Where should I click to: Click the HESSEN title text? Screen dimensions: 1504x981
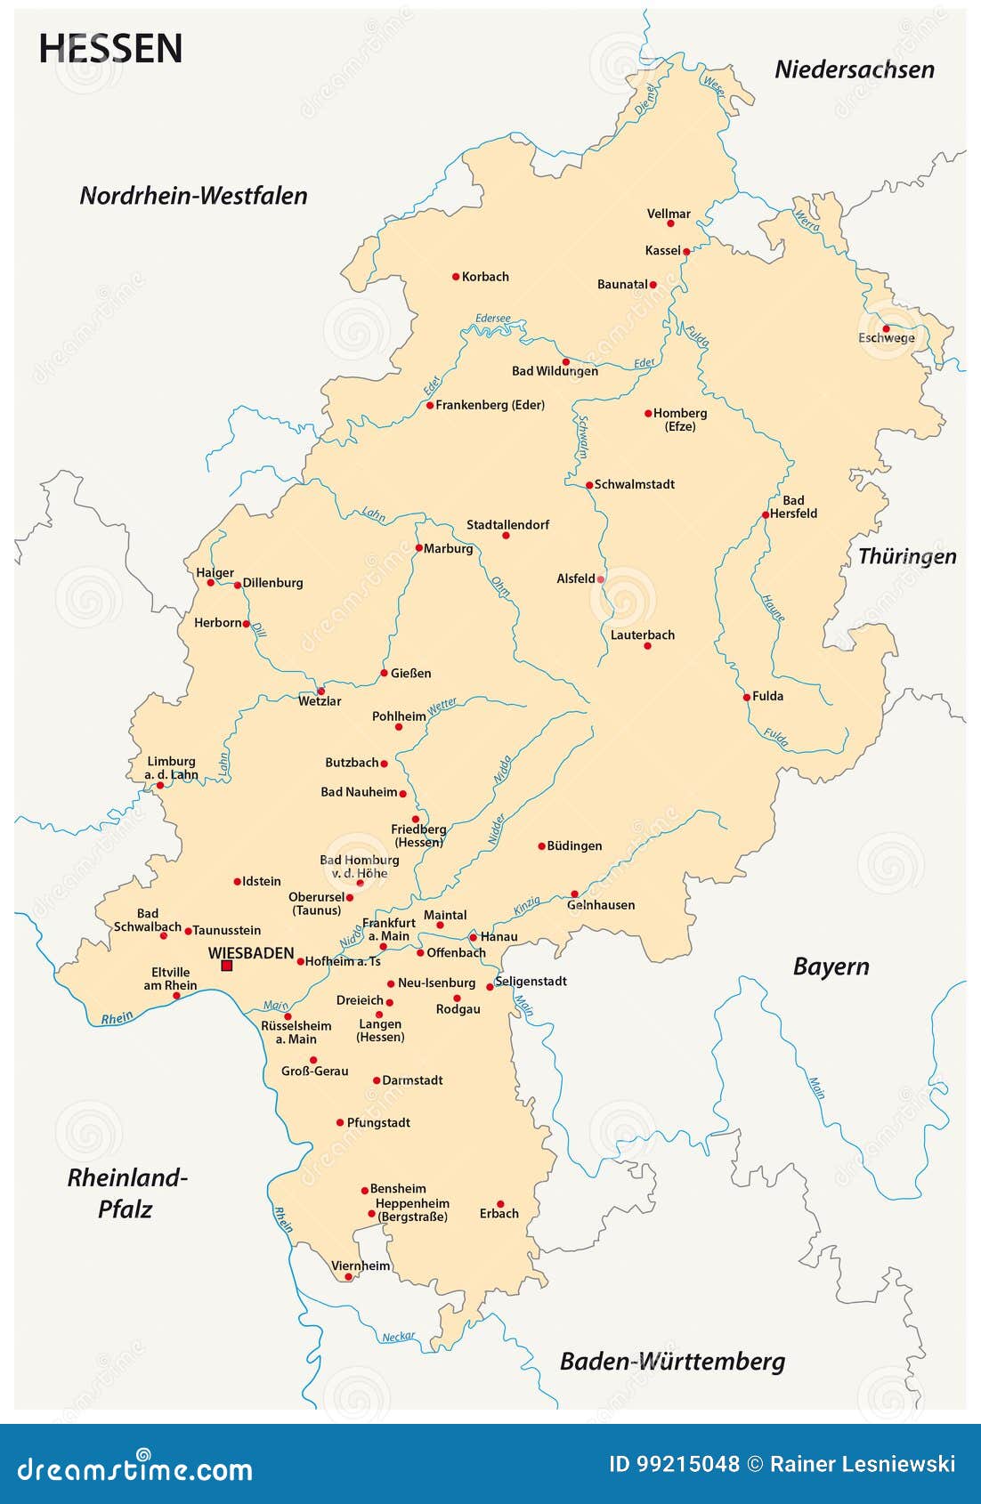(x=110, y=48)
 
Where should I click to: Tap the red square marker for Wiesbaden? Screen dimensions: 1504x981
(x=226, y=966)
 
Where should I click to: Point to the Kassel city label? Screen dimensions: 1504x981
(x=662, y=251)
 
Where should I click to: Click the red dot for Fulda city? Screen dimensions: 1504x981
(x=747, y=697)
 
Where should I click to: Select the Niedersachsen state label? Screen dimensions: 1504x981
(x=854, y=69)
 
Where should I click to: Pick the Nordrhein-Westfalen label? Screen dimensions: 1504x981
(x=193, y=196)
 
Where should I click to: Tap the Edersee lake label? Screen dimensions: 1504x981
(x=492, y=318)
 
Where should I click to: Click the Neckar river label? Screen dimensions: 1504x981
(x=398, y=1337)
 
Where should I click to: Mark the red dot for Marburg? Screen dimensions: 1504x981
(x=418, y=548)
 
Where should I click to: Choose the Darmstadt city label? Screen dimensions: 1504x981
(x=412, y=1080)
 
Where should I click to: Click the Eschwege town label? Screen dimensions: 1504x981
(x=886, y=338)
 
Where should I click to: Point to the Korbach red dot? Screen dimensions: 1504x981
(x=456, y=277)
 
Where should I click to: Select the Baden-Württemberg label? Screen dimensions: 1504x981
(x=672, y=1362)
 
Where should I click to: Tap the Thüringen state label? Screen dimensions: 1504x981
(x=906, y=556)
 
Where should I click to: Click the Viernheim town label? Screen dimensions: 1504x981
(x=361, y=1265)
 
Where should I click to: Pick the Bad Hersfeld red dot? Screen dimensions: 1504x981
(x=765, y=515)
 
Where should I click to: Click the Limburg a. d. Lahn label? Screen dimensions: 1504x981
(x=171, y=767)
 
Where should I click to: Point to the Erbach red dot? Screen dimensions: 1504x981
(x=500, y=1204)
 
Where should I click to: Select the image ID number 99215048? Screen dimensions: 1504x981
(x=688, y=1464)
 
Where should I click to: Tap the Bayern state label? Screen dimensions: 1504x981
(x=831, y=966)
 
